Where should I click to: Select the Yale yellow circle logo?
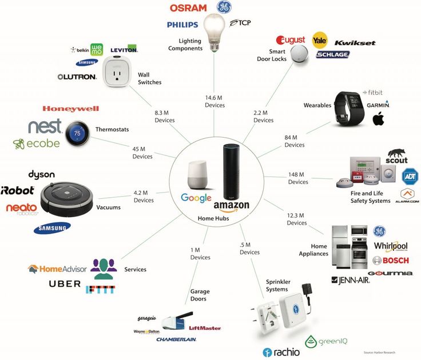pos(320,41)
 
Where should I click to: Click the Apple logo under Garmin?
pos(378,119)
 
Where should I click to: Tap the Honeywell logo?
pos(70,109)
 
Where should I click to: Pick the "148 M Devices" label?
pos(297,178)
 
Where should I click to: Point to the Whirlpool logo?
pos(391,246)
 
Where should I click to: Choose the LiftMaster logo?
pos(204,328)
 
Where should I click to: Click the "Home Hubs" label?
pos(213,218)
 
